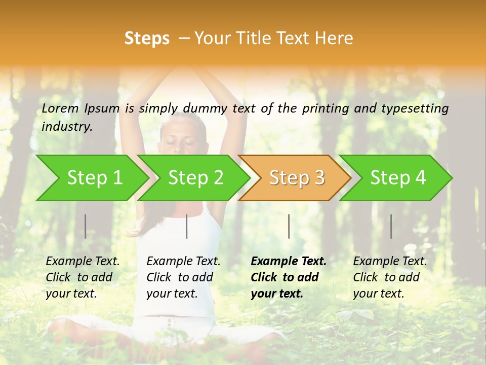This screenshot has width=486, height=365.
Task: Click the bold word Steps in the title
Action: pos(147,39)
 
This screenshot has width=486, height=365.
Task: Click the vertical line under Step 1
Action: pos(86,226)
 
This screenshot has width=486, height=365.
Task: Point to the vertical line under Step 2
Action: pos(187,226)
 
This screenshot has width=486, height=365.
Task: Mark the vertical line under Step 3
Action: pos(289,226)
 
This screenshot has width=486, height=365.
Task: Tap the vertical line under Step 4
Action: pos(391,226)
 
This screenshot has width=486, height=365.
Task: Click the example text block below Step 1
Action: pos(83,277)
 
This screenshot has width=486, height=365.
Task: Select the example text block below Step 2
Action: pos(183,277)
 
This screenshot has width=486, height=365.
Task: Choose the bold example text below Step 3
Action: pos(289,277)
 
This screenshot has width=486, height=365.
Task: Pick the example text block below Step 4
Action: pos(390,277)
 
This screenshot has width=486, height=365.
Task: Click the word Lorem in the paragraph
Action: pos(60,108)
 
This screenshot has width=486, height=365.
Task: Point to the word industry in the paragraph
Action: pos(67,127)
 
